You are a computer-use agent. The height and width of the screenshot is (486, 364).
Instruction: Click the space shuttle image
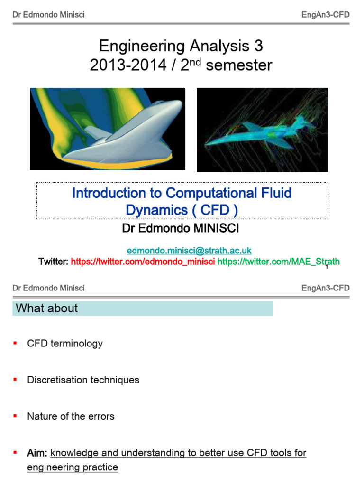(x=108, y=129)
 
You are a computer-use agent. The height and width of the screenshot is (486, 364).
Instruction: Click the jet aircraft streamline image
(x=262, y=130)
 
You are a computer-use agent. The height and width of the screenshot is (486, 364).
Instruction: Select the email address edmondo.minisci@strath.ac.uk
(x=189, y=250)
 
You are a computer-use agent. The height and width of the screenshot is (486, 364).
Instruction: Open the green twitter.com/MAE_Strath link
(x=278, y=262)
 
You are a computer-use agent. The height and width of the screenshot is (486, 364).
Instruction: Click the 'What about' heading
(x=47, y=308)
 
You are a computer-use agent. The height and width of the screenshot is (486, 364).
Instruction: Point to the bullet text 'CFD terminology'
(x=65, y=344)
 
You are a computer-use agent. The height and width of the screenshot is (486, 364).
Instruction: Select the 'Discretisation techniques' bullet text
(x=83, y=380)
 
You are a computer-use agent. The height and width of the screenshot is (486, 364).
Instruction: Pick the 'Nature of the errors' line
(x=71, y=416)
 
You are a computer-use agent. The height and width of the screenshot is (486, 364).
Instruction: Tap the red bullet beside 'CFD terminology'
(x=15, y=343)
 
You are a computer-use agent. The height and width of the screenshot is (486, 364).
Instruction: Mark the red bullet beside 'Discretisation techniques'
(x=15, y=379)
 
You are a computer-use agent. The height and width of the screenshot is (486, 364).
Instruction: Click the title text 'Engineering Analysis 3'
(x=181, y=46)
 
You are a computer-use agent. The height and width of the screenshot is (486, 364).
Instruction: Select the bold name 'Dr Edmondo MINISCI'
(x=181, y=229)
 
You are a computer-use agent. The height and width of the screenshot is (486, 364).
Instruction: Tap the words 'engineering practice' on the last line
(x=73, y=467)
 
